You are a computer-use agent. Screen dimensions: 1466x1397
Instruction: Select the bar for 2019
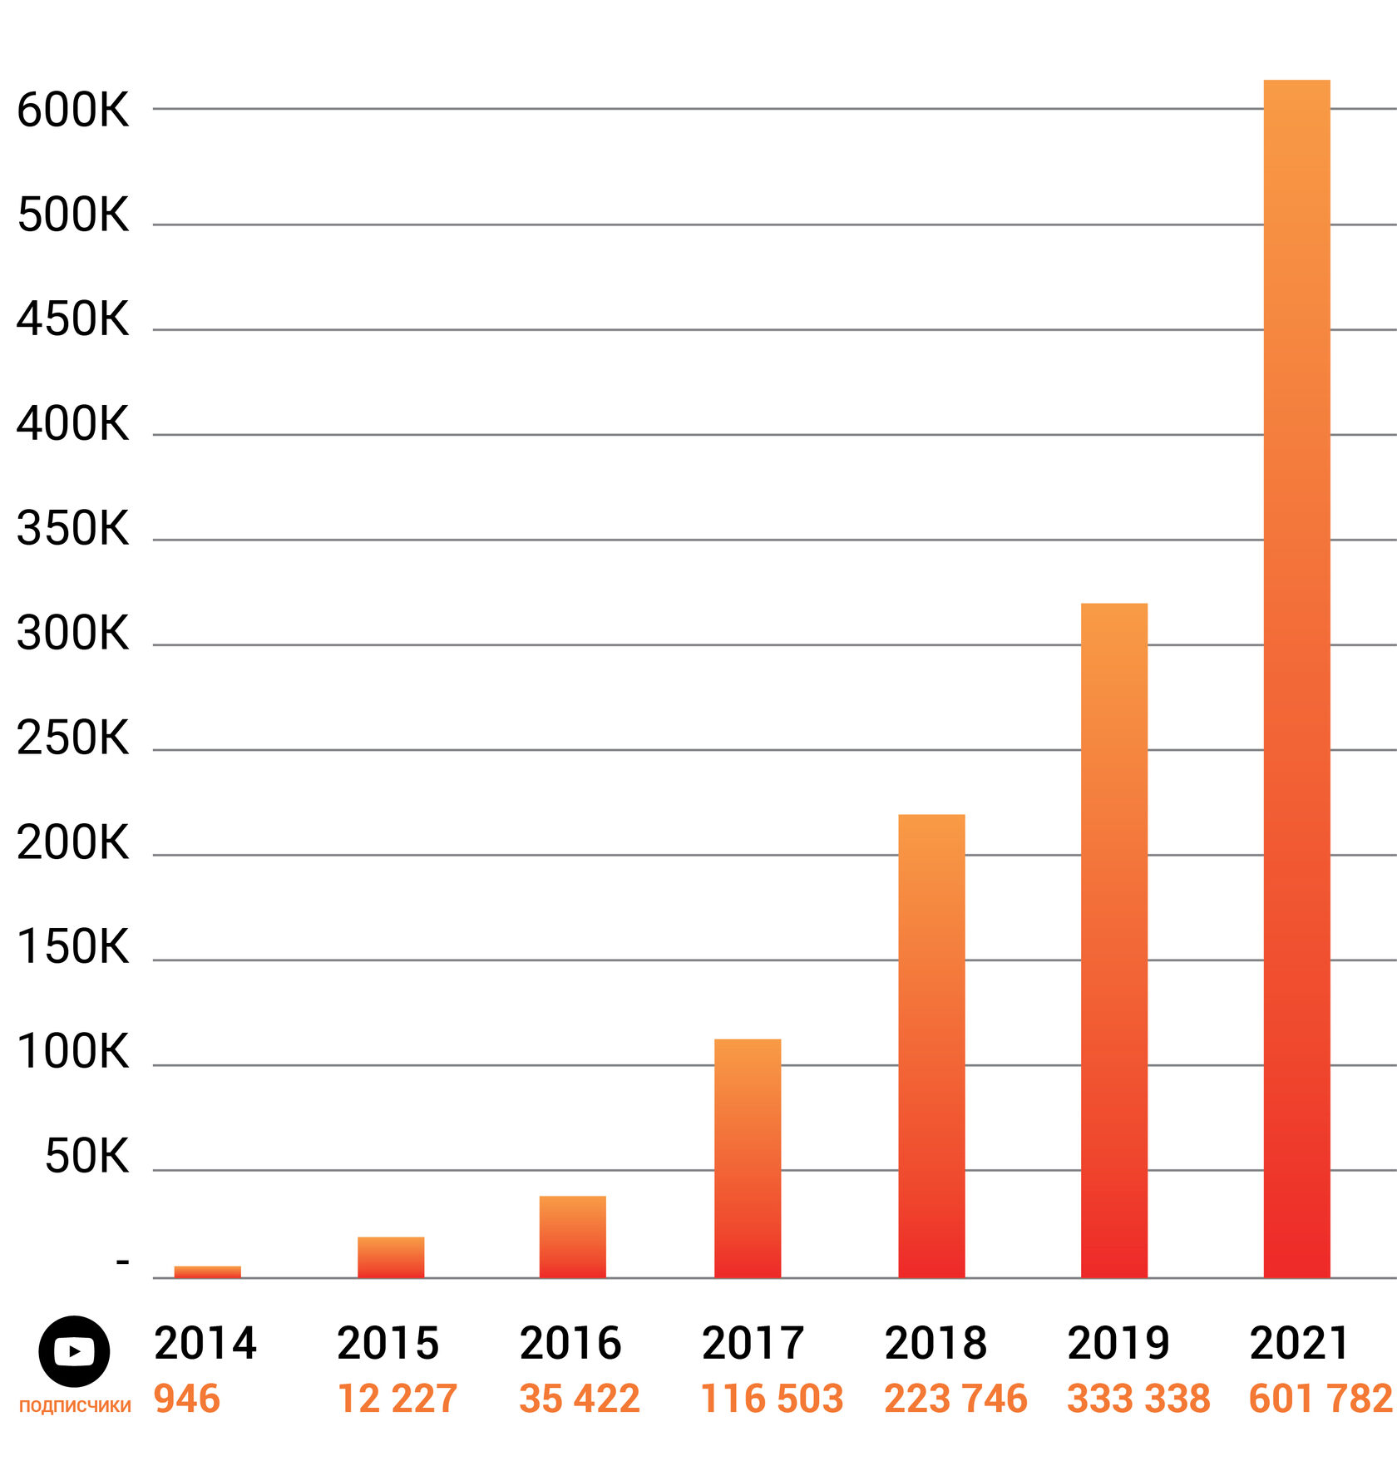tap(1113, 940)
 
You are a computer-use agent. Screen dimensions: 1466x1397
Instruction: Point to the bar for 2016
tap(572, 1236)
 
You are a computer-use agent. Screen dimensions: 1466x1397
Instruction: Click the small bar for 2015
tap(391, 1256)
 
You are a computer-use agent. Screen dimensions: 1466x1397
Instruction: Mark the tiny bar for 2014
tap(207, 1271)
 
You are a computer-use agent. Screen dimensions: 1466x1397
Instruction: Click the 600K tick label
tap(73, 111)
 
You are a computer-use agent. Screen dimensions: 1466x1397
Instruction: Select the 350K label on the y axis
tap(73, 529)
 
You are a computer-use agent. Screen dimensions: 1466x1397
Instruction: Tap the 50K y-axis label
tap(87, 1157)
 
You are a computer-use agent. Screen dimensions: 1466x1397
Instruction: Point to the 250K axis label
tap(73, 738)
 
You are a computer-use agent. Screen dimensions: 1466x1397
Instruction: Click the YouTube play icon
tap(74, 1351)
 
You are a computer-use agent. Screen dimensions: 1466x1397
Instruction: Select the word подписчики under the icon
tap(75, 1405)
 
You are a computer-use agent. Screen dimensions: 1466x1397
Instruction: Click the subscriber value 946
tap(187, 1399)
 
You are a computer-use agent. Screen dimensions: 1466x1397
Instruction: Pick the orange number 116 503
tap(772, 1399)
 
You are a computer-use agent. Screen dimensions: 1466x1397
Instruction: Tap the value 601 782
tap(1320, 1399)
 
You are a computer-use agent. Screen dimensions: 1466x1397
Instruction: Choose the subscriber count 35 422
tap(580, 1399)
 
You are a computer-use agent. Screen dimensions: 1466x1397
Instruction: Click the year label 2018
tap(935, 1344)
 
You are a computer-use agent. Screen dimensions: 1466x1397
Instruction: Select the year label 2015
tap(388, 1344)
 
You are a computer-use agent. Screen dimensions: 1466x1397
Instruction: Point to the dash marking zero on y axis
tap(122, 1263)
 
